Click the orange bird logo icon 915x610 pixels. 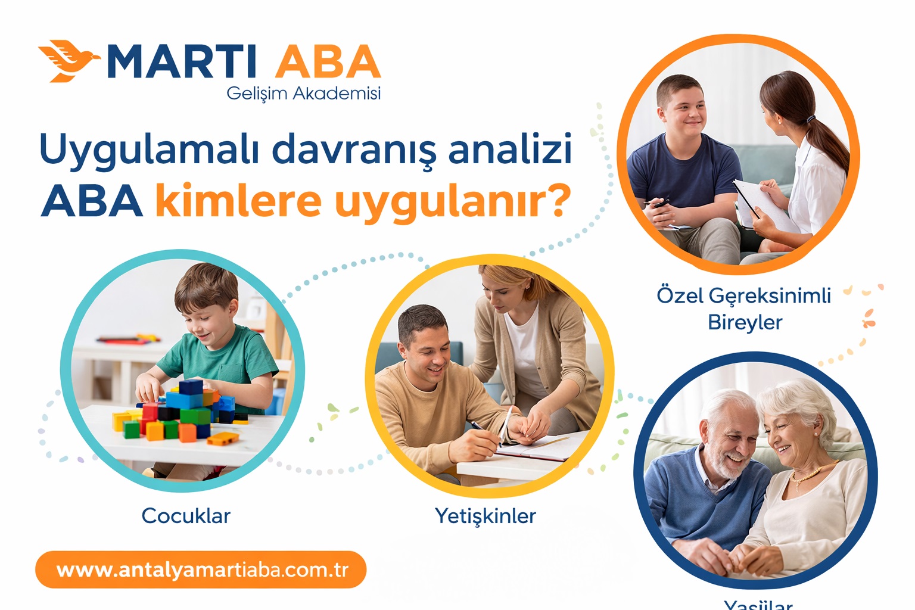tap(67, 61)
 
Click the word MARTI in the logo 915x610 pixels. tap(182, 62)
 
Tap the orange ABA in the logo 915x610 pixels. tap(327, 62)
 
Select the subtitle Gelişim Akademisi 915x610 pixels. tap(303, 94)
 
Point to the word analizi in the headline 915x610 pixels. tap(510, 149)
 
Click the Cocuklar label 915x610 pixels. tap(186, 516)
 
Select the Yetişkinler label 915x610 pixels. tap(485, 516)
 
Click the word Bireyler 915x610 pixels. tap(745, 322)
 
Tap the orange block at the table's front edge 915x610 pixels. tap(223, 439)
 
